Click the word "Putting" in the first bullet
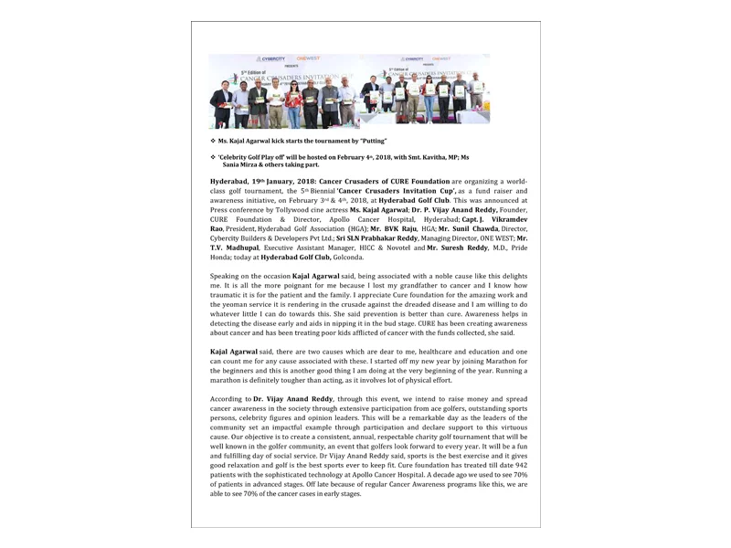pos(373,141)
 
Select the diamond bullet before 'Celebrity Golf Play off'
pos(212,158)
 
